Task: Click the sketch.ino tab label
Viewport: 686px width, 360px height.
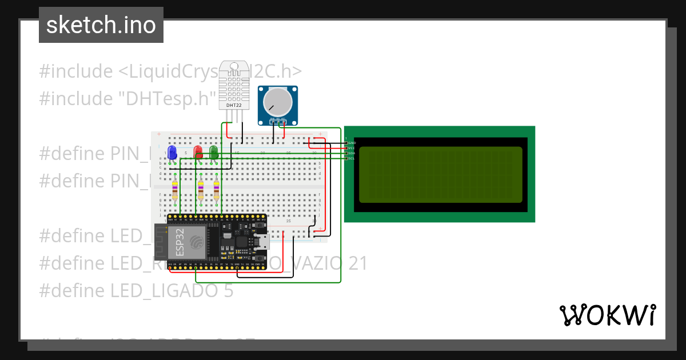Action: pos(101,25)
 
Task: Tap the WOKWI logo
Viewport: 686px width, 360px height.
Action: pos(607,315)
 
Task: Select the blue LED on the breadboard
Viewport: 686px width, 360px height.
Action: pos(171,152)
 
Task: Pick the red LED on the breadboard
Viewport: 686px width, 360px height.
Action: pos(198,152)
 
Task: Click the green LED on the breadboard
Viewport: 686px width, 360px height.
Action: pos(214,152)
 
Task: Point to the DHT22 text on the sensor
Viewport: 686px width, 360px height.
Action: pos(234,105)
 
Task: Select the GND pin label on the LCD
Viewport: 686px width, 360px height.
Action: pos(352,142)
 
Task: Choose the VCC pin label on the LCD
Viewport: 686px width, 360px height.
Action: pos(352,147)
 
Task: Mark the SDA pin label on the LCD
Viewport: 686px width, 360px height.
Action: pos(352,153)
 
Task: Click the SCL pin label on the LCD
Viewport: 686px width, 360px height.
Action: pos(352,158)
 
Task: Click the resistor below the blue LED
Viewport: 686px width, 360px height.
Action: pos(174,190)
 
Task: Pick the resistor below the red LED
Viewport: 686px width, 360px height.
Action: pos(201,190)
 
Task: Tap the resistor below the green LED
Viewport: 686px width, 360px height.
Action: pos(216,190)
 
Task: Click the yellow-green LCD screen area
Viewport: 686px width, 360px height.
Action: pos(440,174)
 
